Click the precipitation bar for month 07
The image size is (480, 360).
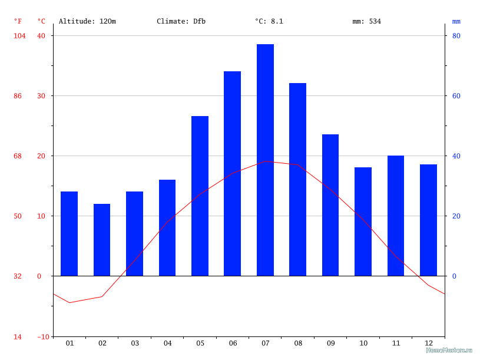tap(265, 160)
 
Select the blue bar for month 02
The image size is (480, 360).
tap(102, 240)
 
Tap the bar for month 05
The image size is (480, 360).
tap(200, 196)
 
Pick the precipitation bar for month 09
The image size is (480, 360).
tap(330, 205)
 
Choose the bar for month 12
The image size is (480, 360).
tap(428, 220)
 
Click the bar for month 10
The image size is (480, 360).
tap(363, 222)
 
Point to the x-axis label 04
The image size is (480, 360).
tap(167, 344)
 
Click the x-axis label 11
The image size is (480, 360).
tap(396, 344)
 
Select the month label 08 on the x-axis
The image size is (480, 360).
tap(297, 344)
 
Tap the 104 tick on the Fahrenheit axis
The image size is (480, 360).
tap(19, 36)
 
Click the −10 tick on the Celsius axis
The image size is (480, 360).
tap(44, 336)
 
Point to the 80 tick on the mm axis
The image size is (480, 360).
tap(456, 36)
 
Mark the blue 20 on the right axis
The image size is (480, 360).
tap(456, 216)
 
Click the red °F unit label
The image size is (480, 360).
tap(18, 21)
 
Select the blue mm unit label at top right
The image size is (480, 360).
tap(456, 21)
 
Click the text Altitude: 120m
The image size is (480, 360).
tap(87, 21)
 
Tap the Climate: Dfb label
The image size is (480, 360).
tap(181, 21)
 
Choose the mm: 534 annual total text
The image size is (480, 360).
tap(366, 21)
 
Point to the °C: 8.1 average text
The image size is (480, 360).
tap(269, 21)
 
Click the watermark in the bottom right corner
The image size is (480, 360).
tap(449, 350)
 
